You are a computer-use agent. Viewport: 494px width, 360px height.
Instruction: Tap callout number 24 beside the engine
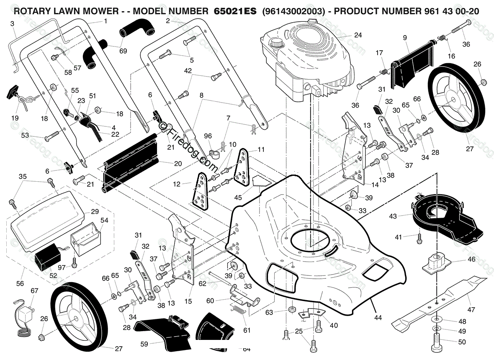358,35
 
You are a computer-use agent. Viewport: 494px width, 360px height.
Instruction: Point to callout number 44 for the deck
378,317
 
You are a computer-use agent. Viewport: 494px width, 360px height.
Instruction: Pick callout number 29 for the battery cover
95,212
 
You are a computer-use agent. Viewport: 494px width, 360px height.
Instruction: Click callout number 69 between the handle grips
123,51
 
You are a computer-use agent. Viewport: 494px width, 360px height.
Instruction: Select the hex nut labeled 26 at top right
482,82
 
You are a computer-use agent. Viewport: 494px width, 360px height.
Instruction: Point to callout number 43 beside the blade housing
393,216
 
